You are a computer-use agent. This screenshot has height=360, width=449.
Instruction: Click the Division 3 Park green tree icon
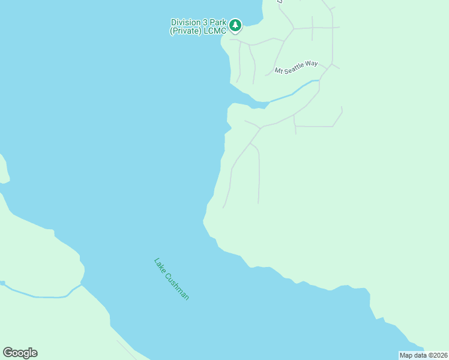pyautogui.click(x=236, y=25)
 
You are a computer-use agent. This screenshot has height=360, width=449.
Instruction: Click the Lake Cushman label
pyautogui.click(x=172, y=279)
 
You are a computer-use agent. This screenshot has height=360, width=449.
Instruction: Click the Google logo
pyautogui.click(x=20, y=353)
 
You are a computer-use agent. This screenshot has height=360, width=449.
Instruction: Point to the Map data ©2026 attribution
pyautogui.click(x=423, y=355)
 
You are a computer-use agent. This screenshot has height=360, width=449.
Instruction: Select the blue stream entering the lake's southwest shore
pyautogui.click(x=36, y=295)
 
